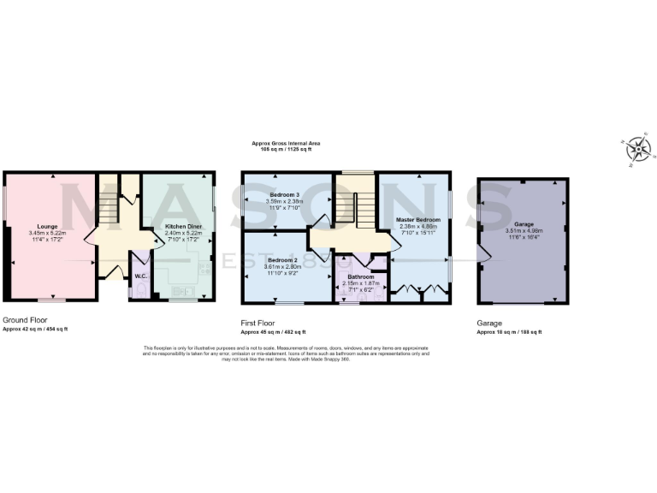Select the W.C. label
(x=139, y=276)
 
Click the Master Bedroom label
(x=417, y=220)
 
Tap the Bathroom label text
(x=360, y=277)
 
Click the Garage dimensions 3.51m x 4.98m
(x=524, y=230)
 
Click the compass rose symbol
(x=638, y=150)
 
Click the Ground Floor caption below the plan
(x=23, y=322)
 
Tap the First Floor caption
(x=257, y=324)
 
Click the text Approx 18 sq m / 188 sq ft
(x=509, y=332)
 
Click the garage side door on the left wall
(x=484, y=252)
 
